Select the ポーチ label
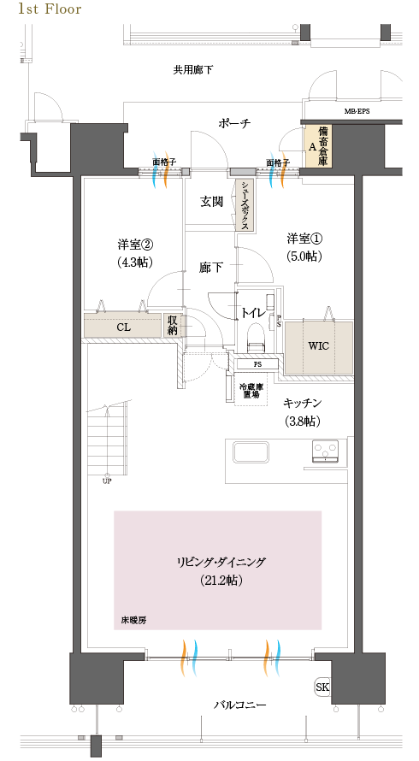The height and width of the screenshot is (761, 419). (233, 123)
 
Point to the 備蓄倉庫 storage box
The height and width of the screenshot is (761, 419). (318, 146)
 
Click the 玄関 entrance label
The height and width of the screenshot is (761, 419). (212, 202)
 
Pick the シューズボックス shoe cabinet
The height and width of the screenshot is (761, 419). (245, 205)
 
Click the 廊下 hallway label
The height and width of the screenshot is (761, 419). (211, 268)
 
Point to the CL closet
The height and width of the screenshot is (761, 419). (123, 326)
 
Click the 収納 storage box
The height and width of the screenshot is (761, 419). (174, 325)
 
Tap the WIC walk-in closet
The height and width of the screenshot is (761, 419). (317, 347)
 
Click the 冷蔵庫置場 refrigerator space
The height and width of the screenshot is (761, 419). (251, 390)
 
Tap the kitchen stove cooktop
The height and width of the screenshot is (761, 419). (325, 451)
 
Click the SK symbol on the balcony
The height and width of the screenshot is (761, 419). (323, 687)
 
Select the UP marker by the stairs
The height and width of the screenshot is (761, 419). (107, 480)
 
